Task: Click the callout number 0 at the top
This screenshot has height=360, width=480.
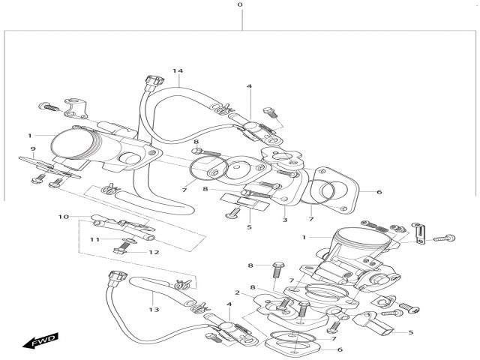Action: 240,6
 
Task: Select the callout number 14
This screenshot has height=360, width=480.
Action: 178,71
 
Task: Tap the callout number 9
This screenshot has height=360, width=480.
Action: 33,148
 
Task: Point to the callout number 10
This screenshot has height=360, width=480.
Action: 64,217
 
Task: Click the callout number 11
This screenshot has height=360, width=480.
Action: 95,239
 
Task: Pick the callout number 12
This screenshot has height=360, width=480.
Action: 154,252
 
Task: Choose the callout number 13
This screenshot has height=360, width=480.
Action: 154,309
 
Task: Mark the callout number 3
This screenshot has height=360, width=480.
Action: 284,220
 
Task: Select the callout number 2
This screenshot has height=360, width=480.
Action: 237,292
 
